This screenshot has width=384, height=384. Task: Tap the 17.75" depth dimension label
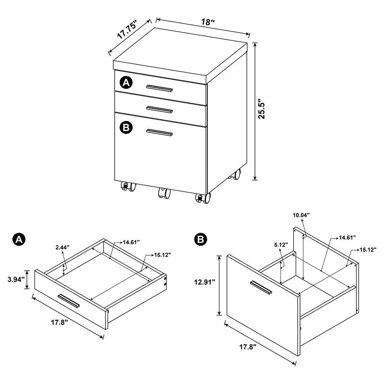click(x=127, y=30)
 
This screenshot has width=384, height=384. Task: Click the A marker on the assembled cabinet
click(x=126, y=83)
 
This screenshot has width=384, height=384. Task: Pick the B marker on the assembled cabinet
click(x=126, y=127)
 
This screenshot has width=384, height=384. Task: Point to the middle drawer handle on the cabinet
click(x=159, y=109)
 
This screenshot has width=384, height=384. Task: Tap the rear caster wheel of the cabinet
click(x=235, y=175)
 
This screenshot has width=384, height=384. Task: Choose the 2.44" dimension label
click(x=62, y=247)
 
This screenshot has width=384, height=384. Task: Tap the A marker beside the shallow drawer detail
click(x=18, y=239)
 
